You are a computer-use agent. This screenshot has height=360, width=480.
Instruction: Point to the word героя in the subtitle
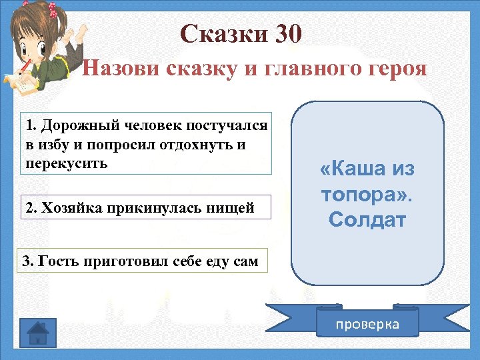(393, 69)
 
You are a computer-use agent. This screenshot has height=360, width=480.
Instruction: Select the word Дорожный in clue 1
(71, 125)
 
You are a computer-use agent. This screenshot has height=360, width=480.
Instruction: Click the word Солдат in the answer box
(367, 220)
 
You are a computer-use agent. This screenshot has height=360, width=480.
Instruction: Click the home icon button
(39, 331)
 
